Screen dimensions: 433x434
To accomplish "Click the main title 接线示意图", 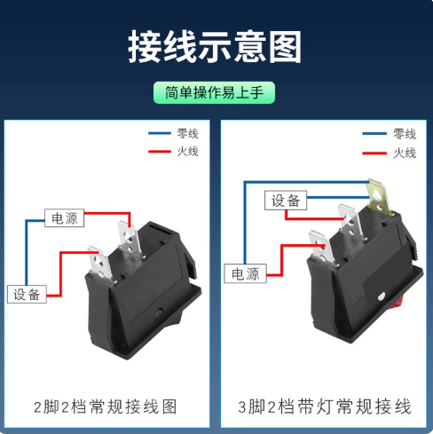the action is [215, 46].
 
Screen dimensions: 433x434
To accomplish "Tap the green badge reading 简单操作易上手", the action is [214, 92].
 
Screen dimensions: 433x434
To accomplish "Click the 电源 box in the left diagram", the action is [64, 218].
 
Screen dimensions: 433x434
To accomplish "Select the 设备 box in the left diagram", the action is [27, 294].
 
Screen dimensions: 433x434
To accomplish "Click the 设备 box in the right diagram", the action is [286, 201].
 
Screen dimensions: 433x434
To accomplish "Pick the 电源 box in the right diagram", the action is [245, 273].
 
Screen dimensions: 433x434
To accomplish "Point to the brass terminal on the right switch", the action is [378, 196].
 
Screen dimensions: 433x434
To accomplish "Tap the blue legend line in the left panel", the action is [160, 133].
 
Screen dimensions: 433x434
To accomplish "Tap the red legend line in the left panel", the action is [160, 152].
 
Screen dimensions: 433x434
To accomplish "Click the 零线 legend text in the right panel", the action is [405, 134].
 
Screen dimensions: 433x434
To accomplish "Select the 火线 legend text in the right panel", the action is [405, 153].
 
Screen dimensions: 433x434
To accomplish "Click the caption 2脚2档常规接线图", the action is [106, 406].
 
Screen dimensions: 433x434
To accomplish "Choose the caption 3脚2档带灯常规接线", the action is [325, 406].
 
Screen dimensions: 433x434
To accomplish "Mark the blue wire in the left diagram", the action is [27, 251].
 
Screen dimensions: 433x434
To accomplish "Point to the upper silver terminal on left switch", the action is [130, 240].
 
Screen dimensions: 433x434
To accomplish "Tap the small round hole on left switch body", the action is [159, 312].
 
